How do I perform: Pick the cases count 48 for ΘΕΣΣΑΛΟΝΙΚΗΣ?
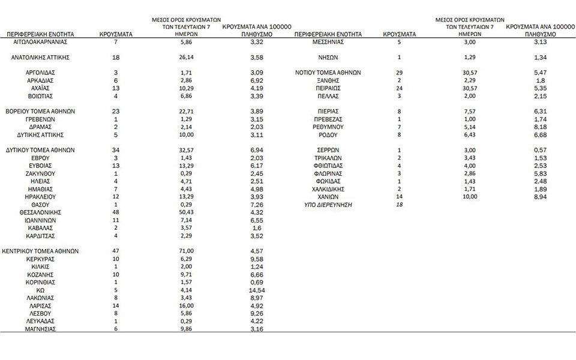[116, 212]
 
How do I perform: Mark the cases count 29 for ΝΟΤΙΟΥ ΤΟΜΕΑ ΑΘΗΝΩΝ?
[399, 72]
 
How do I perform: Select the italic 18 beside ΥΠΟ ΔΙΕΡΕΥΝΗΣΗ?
[399, 205]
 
